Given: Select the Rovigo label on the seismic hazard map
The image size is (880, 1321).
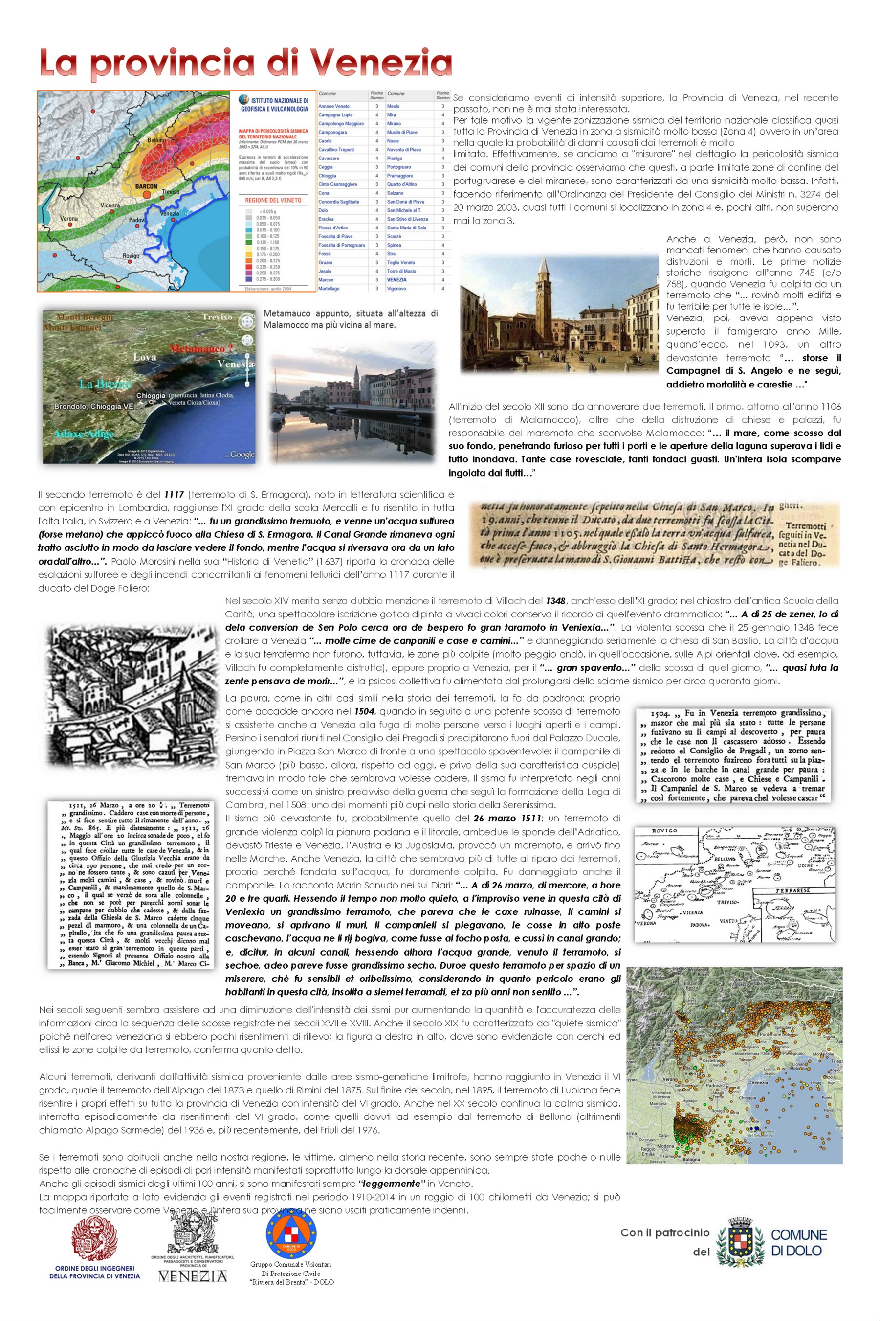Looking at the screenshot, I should tap(131, 256).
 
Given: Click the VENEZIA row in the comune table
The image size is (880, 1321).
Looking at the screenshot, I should tap(397, 280).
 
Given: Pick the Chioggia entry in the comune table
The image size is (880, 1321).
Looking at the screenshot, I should tap(327, 176).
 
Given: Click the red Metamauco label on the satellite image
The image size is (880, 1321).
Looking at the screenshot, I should tap(197, 349).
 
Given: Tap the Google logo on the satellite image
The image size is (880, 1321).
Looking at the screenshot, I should tap(242, 455).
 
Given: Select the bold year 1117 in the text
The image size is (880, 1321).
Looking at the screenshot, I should tap(174, 495).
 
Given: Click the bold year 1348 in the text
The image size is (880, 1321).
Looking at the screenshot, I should tap(555, 601).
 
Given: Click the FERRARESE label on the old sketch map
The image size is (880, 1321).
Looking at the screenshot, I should tap(792, 891).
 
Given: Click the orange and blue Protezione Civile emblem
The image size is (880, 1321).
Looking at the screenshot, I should tap(291, 1234).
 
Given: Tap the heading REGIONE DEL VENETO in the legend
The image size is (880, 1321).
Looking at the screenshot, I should tap(273, 200).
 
